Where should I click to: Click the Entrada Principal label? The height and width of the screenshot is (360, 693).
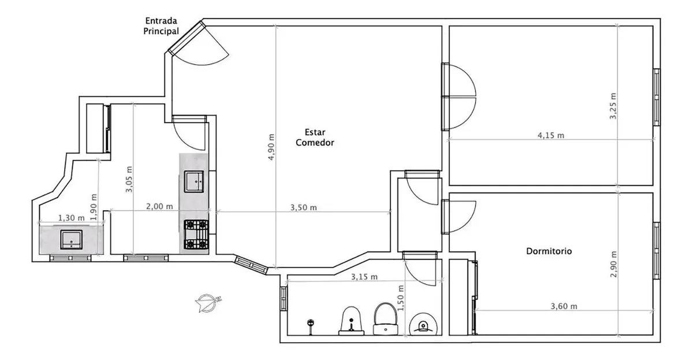pyautogui.click(x=161, y=26)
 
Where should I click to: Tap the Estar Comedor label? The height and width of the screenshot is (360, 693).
pyautogui.click(x=315, y=138)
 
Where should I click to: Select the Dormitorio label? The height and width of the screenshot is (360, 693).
pyautogui.click(x=549, y=251)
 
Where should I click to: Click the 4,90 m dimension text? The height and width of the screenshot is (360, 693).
pyautogui.click(x=271, y=147)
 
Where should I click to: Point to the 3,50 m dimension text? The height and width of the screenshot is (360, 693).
pyautogui.click(x=304, y=207)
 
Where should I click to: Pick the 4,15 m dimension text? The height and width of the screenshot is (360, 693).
pyautogui.click(x=551, y=135)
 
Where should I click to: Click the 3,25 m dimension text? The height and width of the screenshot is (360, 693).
pyautogui.click(x=613, y=106)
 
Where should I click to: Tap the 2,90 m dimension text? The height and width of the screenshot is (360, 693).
pyautogui.click(x=613, y=264)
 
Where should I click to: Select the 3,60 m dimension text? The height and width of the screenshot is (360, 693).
pyautogui.click(x=564, y=306)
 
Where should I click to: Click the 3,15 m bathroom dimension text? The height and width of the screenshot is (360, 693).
pyautogui.click(x=364, y=277)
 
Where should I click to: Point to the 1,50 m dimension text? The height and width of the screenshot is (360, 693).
pyautogui.click(x=400, y=298)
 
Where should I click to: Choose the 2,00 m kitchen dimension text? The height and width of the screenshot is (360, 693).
pyautogui.click(x=159, y=206)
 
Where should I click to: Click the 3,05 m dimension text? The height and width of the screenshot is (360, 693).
pyautogui.click(x=129, y=179)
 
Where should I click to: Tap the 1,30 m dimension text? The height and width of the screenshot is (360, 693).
pyautogui.click(x=71, y=218)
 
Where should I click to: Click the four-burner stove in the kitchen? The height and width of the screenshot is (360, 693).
pyautogui.click(x=196, y=235)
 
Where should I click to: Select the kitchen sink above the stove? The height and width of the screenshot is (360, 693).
pyautogui.click(x=194, y=181)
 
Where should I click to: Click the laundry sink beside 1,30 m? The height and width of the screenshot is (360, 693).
pyautogui.click(x=72, y=240)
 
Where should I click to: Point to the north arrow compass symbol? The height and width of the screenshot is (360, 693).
pyautogui.click(x=207, y=302)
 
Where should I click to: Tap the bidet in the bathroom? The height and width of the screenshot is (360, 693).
pyautogui.click(x=352, y=321)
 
